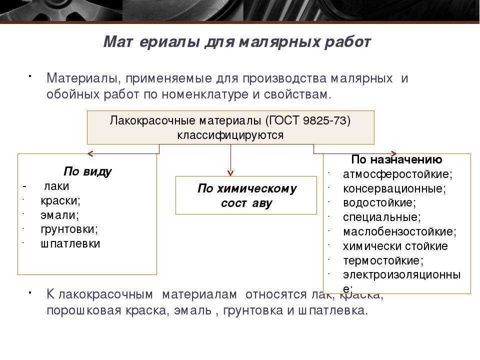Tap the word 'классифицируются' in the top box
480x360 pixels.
[x=230, y=135]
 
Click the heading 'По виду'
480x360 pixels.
[x=87, y=171]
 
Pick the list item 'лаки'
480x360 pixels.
[x=56, y=186]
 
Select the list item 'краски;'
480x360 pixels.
[x=60, y=200]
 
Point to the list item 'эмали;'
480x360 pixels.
[x=59, y=215]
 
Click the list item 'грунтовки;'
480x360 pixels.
[x=69, y=229]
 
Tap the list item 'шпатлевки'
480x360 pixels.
[x=70, y=243]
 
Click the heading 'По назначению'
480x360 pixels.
[x=396, y=159]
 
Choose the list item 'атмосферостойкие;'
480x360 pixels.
[x=397, y=174]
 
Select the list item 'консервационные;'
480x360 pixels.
[x=394, y=188]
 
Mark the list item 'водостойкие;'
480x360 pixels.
[x=379, y=202]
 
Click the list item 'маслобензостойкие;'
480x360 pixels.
[x=400, y=231]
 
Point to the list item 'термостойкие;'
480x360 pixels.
[x=383, y=261]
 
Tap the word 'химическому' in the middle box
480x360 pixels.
[x=256, y=188]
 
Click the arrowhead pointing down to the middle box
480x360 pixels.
[x=230, y=173]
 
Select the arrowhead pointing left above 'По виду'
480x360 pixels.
[x=90, y=153]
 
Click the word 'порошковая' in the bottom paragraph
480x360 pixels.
[x=84, y=310]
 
